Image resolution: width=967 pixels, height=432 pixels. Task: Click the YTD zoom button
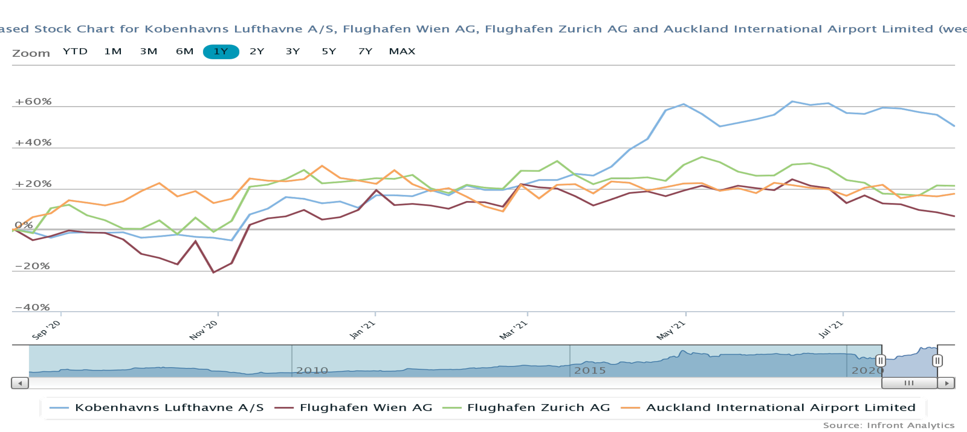coord(75,52)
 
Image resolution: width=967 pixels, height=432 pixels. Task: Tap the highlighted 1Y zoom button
coord(221,52)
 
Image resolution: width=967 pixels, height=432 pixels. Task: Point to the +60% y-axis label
coord(33,101)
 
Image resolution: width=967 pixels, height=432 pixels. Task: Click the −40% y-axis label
coord(32,307)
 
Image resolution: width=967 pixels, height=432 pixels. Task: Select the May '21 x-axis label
coord(671,330)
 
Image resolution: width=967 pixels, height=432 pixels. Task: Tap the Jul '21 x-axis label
coord(831,329)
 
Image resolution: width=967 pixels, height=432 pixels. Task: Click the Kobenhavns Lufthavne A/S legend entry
coord(169,408)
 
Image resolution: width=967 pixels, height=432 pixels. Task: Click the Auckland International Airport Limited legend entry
coord(780,408)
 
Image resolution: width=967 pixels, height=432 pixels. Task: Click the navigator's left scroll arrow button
coord(20,383)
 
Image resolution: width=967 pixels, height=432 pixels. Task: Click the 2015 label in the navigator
coord(590,370)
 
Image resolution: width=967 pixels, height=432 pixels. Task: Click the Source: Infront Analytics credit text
coord(889,425)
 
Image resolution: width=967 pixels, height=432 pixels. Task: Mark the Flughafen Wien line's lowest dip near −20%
coord(214,272)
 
